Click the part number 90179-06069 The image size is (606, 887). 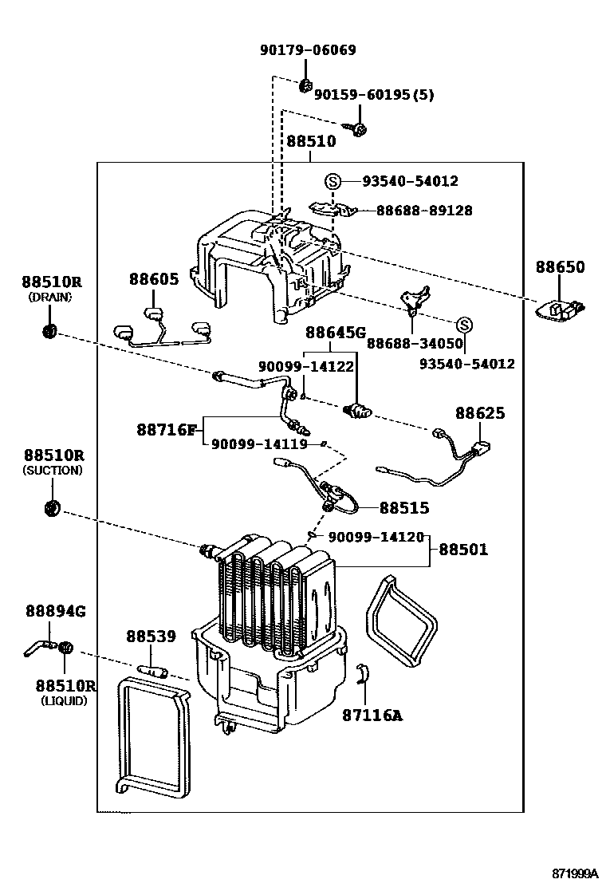(308, 50)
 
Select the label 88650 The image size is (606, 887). (559, 267)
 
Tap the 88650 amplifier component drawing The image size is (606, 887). (561, 309)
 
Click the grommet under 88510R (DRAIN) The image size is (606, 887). (49, 330)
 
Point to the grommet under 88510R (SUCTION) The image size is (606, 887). (52, 507)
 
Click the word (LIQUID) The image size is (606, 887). (63, 701)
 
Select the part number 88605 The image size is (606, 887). (155, 278)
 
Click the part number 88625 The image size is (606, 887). (480, 413)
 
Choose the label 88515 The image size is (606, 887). (404, 507)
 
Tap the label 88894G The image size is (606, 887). (55, 611)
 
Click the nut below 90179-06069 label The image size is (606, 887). (306, 84)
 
